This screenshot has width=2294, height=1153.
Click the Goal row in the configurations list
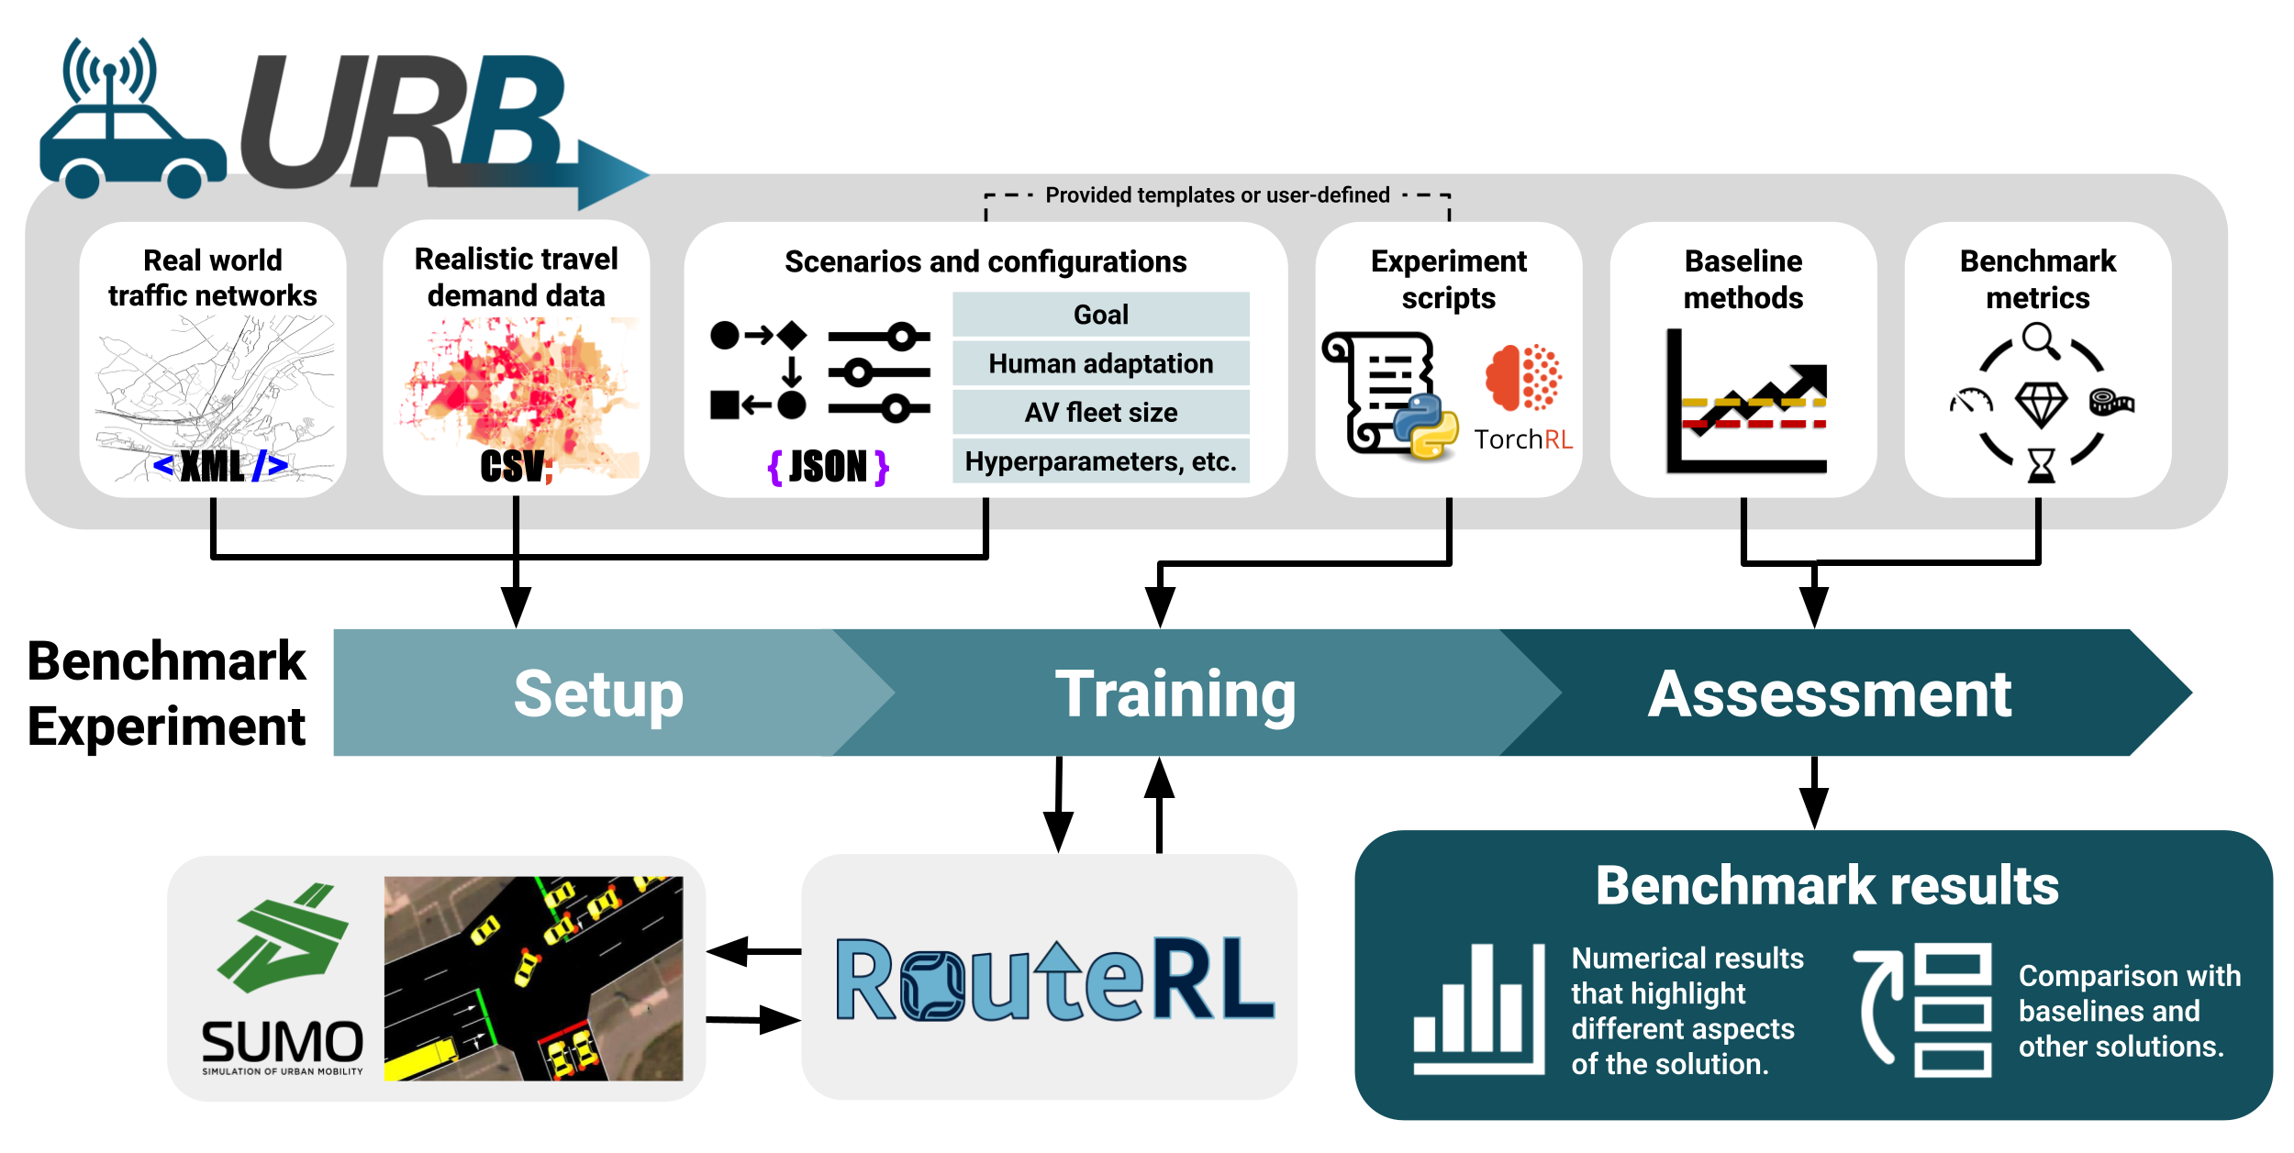(x=1100, y=315)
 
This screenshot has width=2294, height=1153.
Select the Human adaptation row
(x=1100, y=364)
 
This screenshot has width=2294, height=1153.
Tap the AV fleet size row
(x=1100, y=413)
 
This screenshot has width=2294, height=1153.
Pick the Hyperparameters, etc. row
(x=1100, y=461)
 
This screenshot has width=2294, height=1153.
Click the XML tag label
(x=219, y=466)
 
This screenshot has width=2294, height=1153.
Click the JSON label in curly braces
(x=828, y=467)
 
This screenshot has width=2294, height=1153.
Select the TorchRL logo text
(x=1523, y=439)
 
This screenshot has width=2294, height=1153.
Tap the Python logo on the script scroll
(x=1425, y=426)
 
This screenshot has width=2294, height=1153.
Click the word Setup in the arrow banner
(x=598, y=694)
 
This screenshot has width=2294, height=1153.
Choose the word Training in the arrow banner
(x=1175, y=694)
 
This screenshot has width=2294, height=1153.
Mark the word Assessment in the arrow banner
(x=1830, y=694)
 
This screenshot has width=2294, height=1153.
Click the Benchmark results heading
(x=1827, y=886)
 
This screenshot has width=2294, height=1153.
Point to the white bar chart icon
(x=1478, y=1009)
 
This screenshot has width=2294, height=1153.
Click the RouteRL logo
(x=1054, y=980)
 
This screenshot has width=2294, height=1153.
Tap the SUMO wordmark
(x=283, y=1043)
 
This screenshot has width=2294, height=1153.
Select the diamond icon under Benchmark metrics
(x=2040, y=405)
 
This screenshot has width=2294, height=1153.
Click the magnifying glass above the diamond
(x=2040, y=339)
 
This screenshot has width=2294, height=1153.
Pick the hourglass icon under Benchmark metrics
(x=2041, y=465)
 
